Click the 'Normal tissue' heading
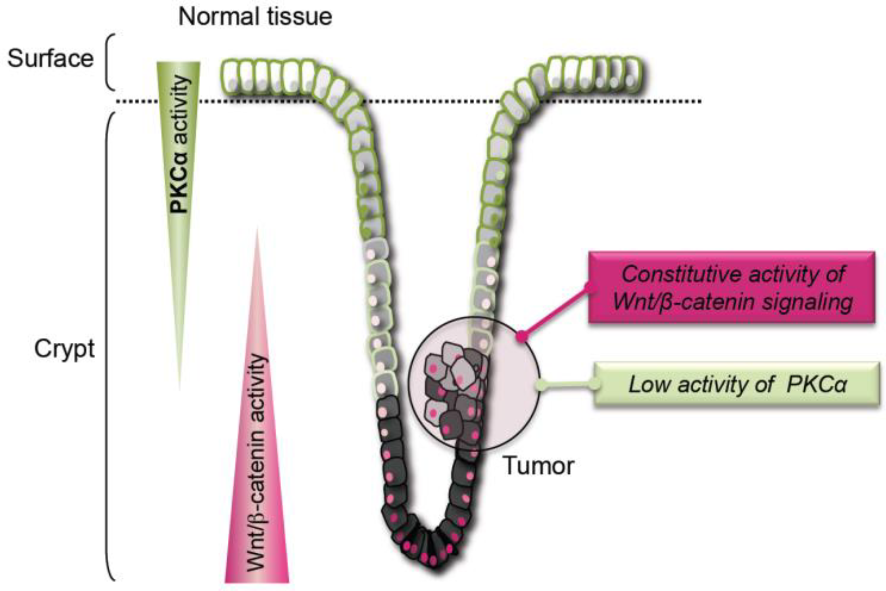[255, 17]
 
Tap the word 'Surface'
[50, 59]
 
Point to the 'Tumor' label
[539, 466]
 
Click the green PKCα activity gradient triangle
[179, 159]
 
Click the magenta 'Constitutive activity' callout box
[731, 288]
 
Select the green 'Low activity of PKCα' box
[737, 384]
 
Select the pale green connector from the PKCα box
[565, 384]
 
